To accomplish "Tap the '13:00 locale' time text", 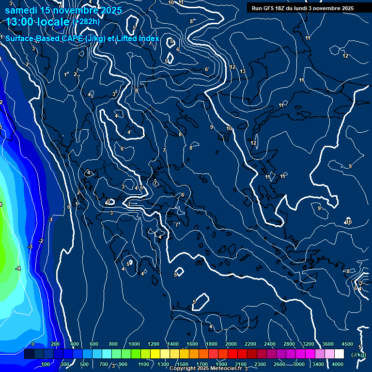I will [38, 22].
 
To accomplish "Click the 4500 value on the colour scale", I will [347, 344].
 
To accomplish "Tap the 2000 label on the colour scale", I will [231, 344].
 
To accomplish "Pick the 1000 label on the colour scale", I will [134, 344].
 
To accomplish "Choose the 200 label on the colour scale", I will [55, 344].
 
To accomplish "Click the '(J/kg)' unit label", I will [358, 355].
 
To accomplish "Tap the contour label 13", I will [243, 72].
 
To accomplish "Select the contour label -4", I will [17, 268].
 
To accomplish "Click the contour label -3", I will [30, 247].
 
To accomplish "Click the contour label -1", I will [50, 220].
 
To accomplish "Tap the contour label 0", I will [68, 207].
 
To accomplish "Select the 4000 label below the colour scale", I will [338, 364].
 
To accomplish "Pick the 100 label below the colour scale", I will [46, 364].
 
